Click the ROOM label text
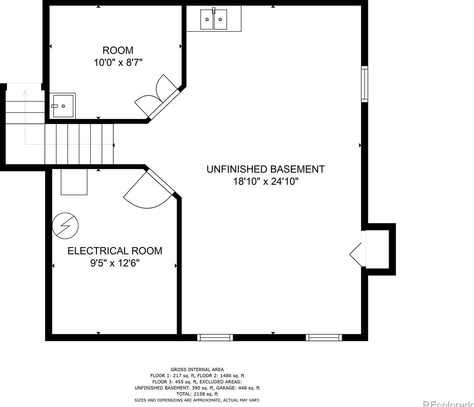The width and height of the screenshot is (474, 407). (118, 50)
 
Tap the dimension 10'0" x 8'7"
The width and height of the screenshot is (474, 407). (118, 63)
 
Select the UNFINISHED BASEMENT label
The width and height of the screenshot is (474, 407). (265, 169)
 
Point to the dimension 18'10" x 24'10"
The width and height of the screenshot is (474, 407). (266, 182)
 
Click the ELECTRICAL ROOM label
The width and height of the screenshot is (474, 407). (115, 251)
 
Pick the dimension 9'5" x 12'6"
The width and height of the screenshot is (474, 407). (115, 263)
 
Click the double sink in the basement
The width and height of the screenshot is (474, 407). (213, 19)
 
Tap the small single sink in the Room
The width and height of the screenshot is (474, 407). (63, 106)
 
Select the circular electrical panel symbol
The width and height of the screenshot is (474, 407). (65, 226)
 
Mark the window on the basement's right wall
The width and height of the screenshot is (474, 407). (364, 84)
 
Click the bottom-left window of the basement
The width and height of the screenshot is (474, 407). (215, 338)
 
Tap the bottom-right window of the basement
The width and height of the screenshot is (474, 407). (324, 338)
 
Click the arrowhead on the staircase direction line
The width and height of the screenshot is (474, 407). (25, 93)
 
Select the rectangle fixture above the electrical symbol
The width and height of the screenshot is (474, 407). (74, 182)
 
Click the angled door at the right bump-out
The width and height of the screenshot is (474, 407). (356, 254)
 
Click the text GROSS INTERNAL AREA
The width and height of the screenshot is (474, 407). (197, 370)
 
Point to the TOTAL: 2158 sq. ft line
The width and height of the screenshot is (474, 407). (197, 394)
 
